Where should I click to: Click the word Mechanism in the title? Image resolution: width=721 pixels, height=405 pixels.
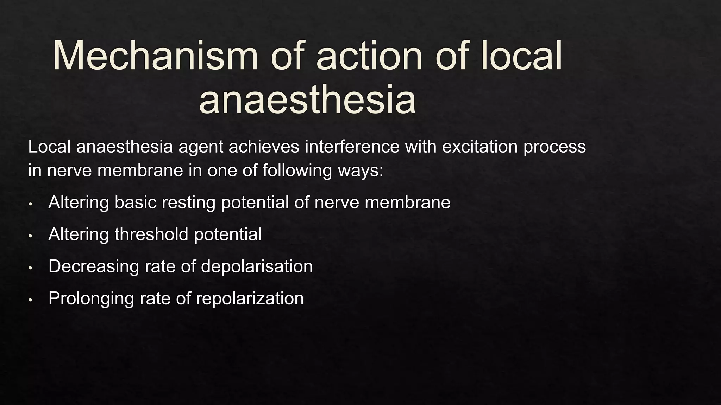[x=155, y=56]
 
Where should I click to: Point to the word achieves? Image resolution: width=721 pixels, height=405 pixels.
[x=264, y=147]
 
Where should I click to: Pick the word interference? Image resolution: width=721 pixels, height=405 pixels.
[x=352, y=147]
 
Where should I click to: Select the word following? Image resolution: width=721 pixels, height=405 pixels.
[x=297, y=171]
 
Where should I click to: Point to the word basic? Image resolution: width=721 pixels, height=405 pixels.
[x=135, y=202]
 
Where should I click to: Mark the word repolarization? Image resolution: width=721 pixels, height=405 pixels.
[x=250, y=299]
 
